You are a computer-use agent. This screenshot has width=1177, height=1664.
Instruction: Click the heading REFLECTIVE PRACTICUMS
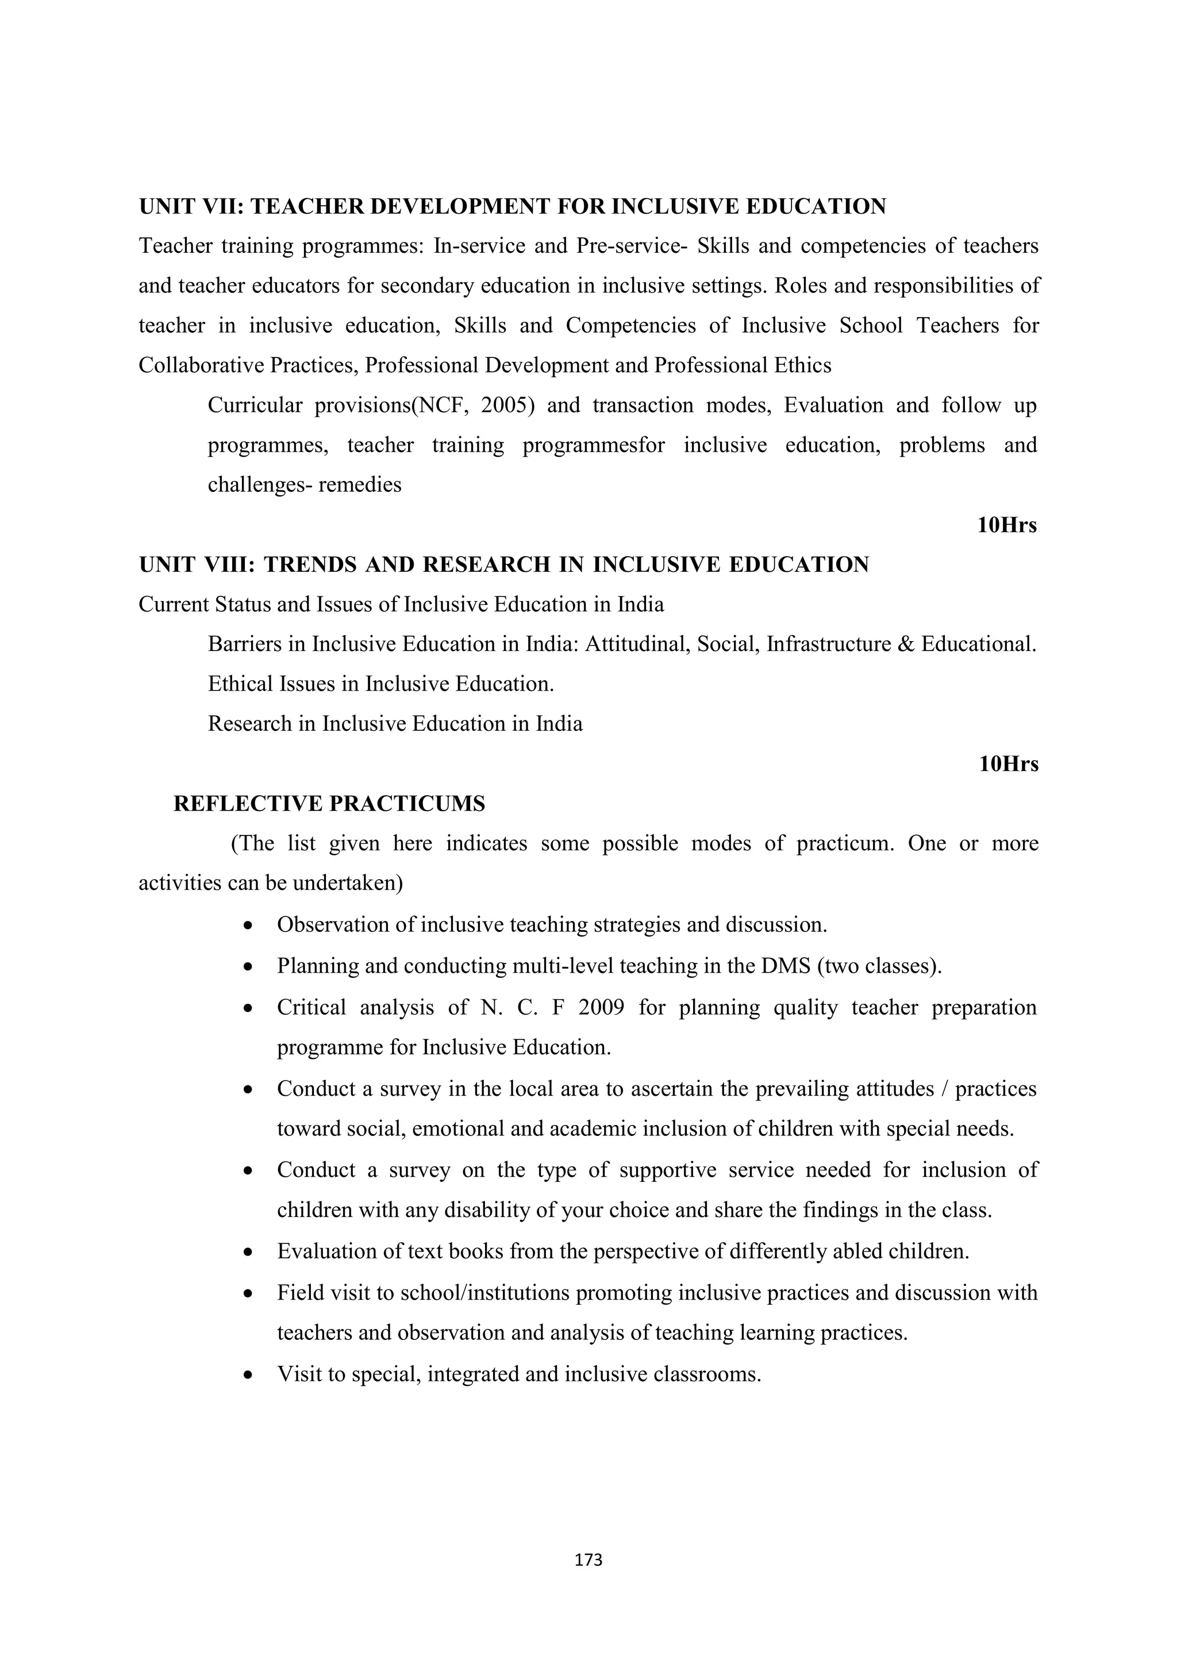point(329,804)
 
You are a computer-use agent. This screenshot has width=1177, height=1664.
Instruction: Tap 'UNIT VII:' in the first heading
point(191,206)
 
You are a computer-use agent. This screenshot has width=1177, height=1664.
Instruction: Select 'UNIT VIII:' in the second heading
point(197,565)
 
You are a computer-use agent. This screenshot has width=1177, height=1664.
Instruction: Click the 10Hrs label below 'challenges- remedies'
point(1007,525)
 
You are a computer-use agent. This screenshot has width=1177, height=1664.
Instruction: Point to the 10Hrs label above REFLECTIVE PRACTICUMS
point(1008,764)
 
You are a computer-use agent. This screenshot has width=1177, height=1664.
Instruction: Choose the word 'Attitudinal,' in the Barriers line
point(636,644)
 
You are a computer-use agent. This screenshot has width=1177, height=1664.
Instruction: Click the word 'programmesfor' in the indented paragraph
point(594,445)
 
